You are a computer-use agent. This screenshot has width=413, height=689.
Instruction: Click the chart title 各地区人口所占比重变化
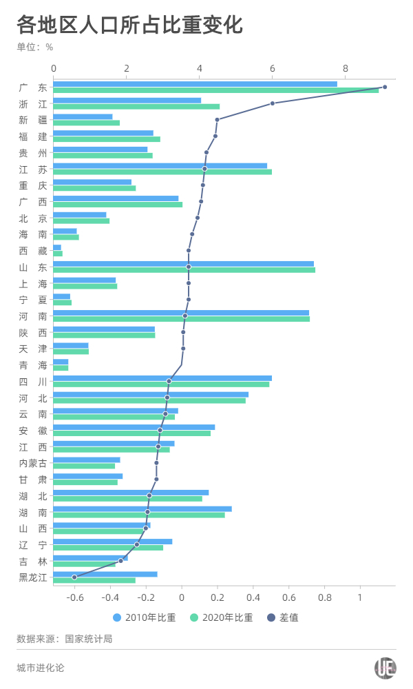pos(130,25)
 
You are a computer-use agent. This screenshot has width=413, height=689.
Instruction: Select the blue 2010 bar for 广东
pos(195,84)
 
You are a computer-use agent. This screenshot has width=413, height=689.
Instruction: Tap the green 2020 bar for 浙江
pos(136,107)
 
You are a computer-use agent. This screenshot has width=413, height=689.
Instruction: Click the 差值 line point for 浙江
pos(273,103)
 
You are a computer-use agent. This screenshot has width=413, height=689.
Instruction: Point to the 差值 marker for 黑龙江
pos(74,577)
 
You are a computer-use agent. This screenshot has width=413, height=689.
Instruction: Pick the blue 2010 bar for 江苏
pos(160,166)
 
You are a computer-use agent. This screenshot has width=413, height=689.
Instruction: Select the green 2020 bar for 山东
pos(184,270)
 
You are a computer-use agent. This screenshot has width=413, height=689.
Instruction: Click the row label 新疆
pos(33,121)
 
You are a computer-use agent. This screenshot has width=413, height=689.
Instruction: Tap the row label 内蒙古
pos(33,463)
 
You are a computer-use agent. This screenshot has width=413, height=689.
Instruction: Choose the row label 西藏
pos(33,251)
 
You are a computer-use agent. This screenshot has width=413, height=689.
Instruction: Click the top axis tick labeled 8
pos(346,68)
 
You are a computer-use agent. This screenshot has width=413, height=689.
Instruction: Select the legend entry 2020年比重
pos(221,617)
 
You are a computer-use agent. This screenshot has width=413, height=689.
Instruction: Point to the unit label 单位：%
pos(35,47)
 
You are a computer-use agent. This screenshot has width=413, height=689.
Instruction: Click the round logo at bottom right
pos(385,668)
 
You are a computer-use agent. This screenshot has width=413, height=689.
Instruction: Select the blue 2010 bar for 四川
pos(162,378)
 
